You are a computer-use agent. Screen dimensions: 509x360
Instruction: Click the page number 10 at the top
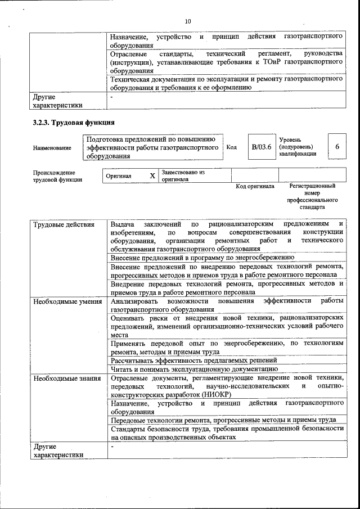[x=188, y=21]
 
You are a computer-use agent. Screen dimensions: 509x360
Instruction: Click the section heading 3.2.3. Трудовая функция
[x=74, y=123]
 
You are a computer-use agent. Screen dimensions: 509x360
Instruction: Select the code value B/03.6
[x=262, y=147]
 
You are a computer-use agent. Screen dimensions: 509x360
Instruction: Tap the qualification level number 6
[x=337, y=147]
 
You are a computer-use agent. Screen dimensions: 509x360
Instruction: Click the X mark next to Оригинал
[x=152, y=175]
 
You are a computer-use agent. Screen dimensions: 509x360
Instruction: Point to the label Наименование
[x=52, y=148]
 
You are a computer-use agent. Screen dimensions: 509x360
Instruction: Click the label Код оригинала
[x=255, y=186]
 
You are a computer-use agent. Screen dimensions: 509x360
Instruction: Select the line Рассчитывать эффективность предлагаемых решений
[x=193, y=360]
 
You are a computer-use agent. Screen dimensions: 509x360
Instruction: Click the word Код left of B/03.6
[x=231, y=147]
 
